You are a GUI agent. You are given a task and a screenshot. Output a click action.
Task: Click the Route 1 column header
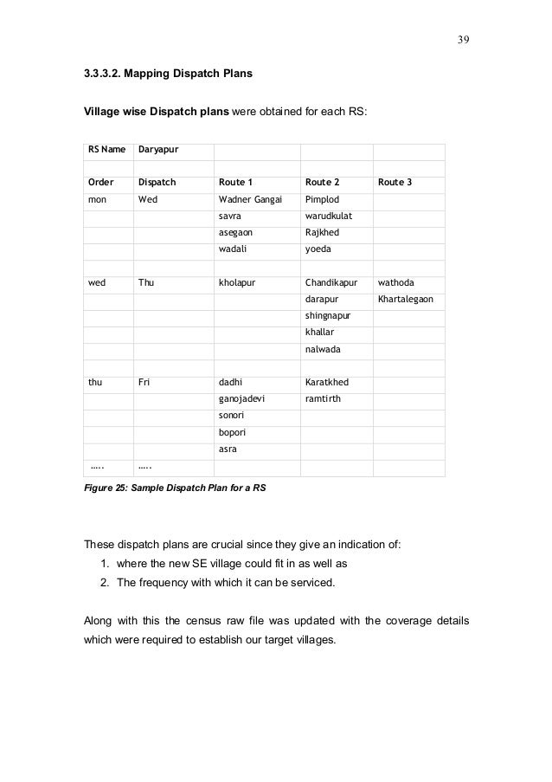coord(236,183)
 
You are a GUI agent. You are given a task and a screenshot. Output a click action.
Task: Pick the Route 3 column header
coord(395,183)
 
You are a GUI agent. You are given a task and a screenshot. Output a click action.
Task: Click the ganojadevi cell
coord(243,399)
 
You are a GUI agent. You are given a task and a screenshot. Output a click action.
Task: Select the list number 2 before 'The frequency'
coord(105,583)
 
